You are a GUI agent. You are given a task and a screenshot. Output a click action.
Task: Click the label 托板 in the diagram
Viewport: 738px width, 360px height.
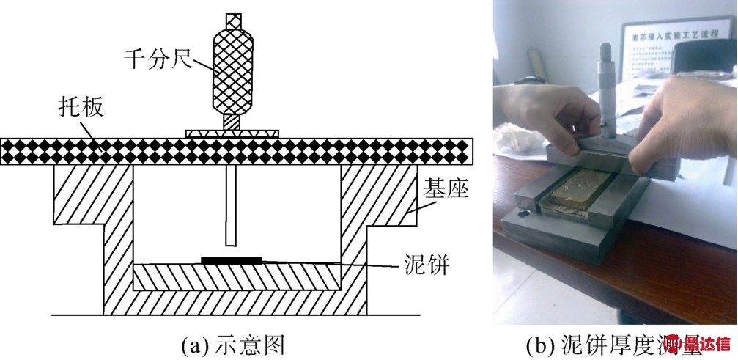coord(84,109)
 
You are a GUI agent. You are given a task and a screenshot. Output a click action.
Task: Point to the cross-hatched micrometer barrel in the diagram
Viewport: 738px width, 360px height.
coord(232,67)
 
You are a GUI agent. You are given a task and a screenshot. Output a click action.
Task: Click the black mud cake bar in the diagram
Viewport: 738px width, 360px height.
coord(231,259)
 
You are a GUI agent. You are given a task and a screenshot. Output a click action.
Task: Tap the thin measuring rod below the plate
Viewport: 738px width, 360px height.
coord(232,205)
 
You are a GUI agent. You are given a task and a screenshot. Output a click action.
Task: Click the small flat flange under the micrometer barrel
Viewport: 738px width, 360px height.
coord(232,133)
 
